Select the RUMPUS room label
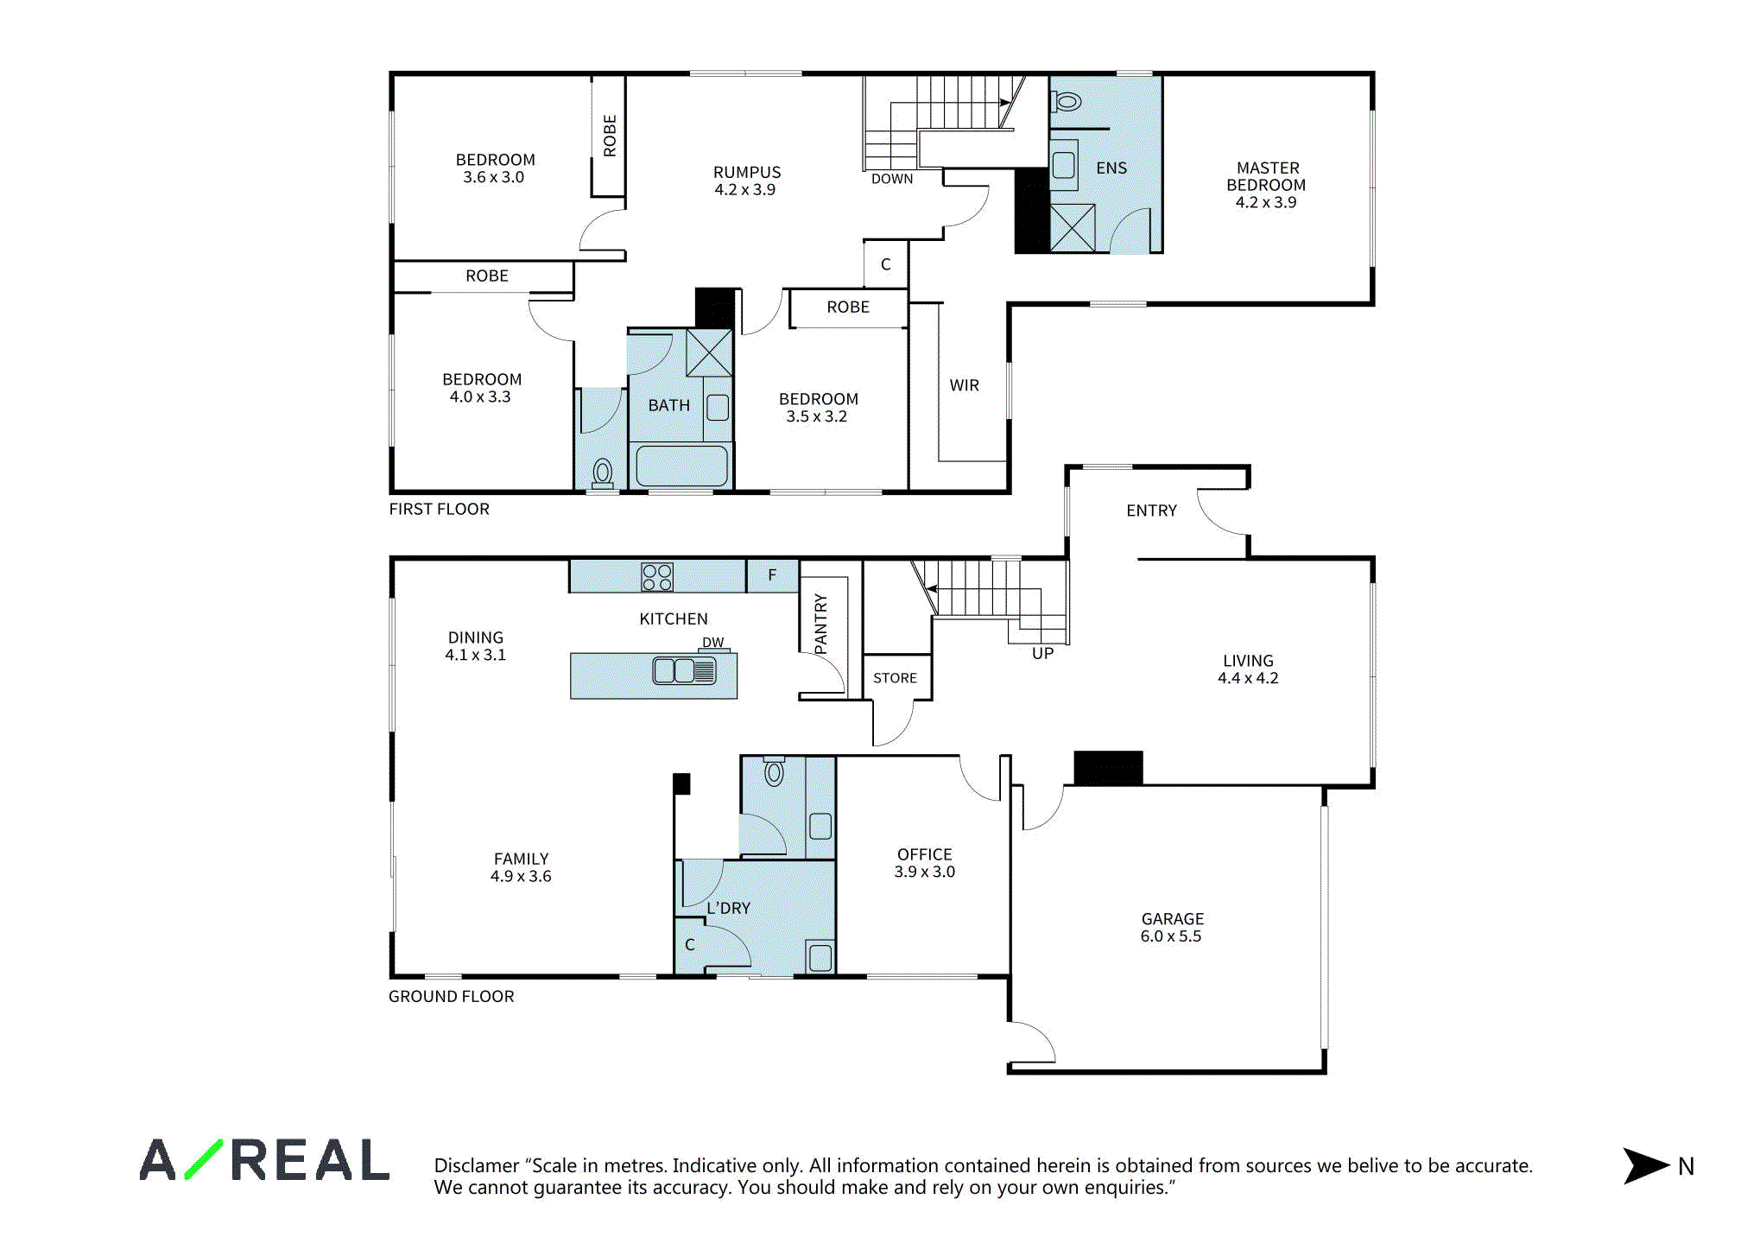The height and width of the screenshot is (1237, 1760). (747, 172)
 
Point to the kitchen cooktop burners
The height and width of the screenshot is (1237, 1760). (657, 577)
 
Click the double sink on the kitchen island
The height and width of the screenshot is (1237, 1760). (685, 670)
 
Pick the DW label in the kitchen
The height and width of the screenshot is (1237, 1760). (713, 642)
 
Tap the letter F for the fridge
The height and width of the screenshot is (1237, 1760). (772, 574)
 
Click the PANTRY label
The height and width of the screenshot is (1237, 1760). (820, 624)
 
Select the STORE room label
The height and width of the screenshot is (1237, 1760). (896, 678)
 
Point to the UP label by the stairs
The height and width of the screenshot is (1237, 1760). (1042, 654)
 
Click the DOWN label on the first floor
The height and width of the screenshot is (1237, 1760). (892, 179)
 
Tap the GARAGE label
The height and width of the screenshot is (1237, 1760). (1173, 919)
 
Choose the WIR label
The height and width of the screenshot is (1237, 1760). (965, 385)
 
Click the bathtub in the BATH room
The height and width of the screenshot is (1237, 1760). (681, 466)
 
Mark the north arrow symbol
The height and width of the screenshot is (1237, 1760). (1645, 1166)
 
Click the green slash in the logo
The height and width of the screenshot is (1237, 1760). (204, 1159)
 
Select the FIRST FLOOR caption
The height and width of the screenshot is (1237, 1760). (439, 509)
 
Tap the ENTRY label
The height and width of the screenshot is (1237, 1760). (1151, 511)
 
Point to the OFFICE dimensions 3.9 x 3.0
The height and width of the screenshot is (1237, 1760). (925, 872)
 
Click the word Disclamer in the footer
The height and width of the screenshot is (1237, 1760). (477, 1165)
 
